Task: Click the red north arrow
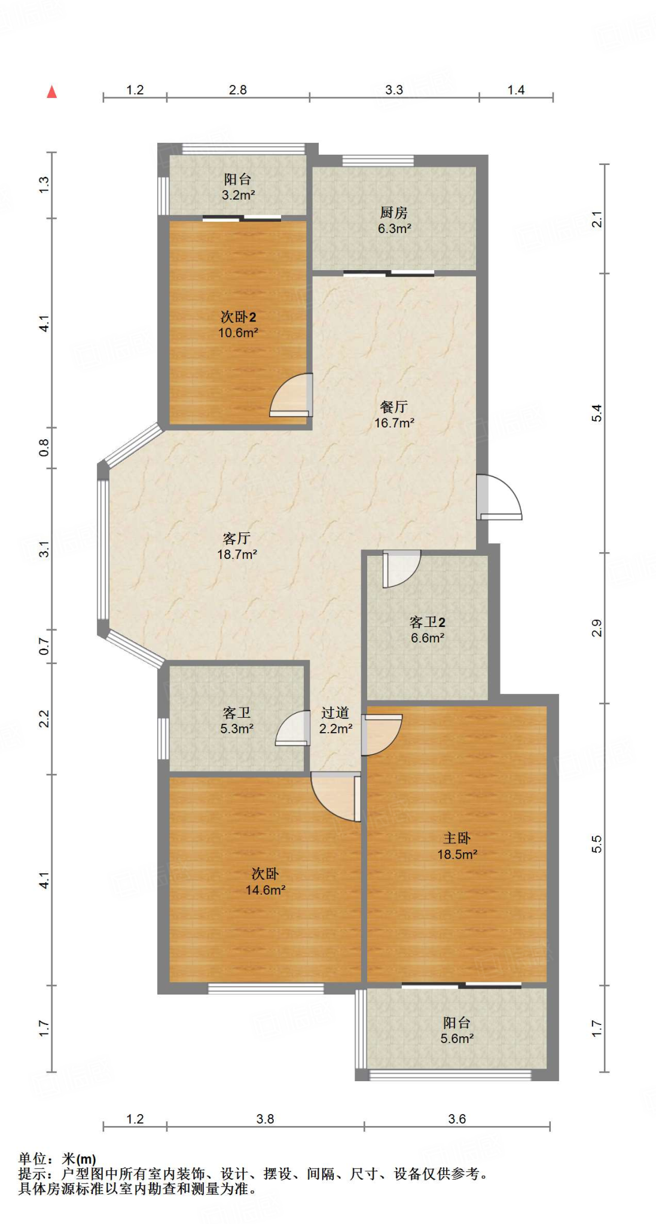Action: pyautogui.click(x=52, y=91)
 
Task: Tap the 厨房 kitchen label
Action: pyautogui.click(x=393, y=213)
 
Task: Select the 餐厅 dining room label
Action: pyautogui.click(x=393, y=407)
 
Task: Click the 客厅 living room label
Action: pyautogui.click(x=236, y=538)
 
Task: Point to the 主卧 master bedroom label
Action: pyautogui.click(x=457, y=839)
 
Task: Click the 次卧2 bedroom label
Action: pyautogui.click(x=238, y=317)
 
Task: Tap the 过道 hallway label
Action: pyautogui.click(x=335, y=712)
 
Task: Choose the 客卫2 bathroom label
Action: pyautogui.click(x=427, y=622)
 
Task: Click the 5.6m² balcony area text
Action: pyautogui.click(x=457, y=1039)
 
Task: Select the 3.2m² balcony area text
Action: pyautogui.click(x=238, y=195)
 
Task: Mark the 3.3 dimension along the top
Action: pyautogui.click(x=393, y=90)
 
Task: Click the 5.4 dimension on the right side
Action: pyautogui.click(x=597, y=413)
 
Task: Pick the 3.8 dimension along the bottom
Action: pyautogui.click(x=265, y=1119)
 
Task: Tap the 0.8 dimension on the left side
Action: pyautogui.click(x=44, y=447)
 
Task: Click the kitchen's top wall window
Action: pyautogui.click(x=377, y=160)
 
